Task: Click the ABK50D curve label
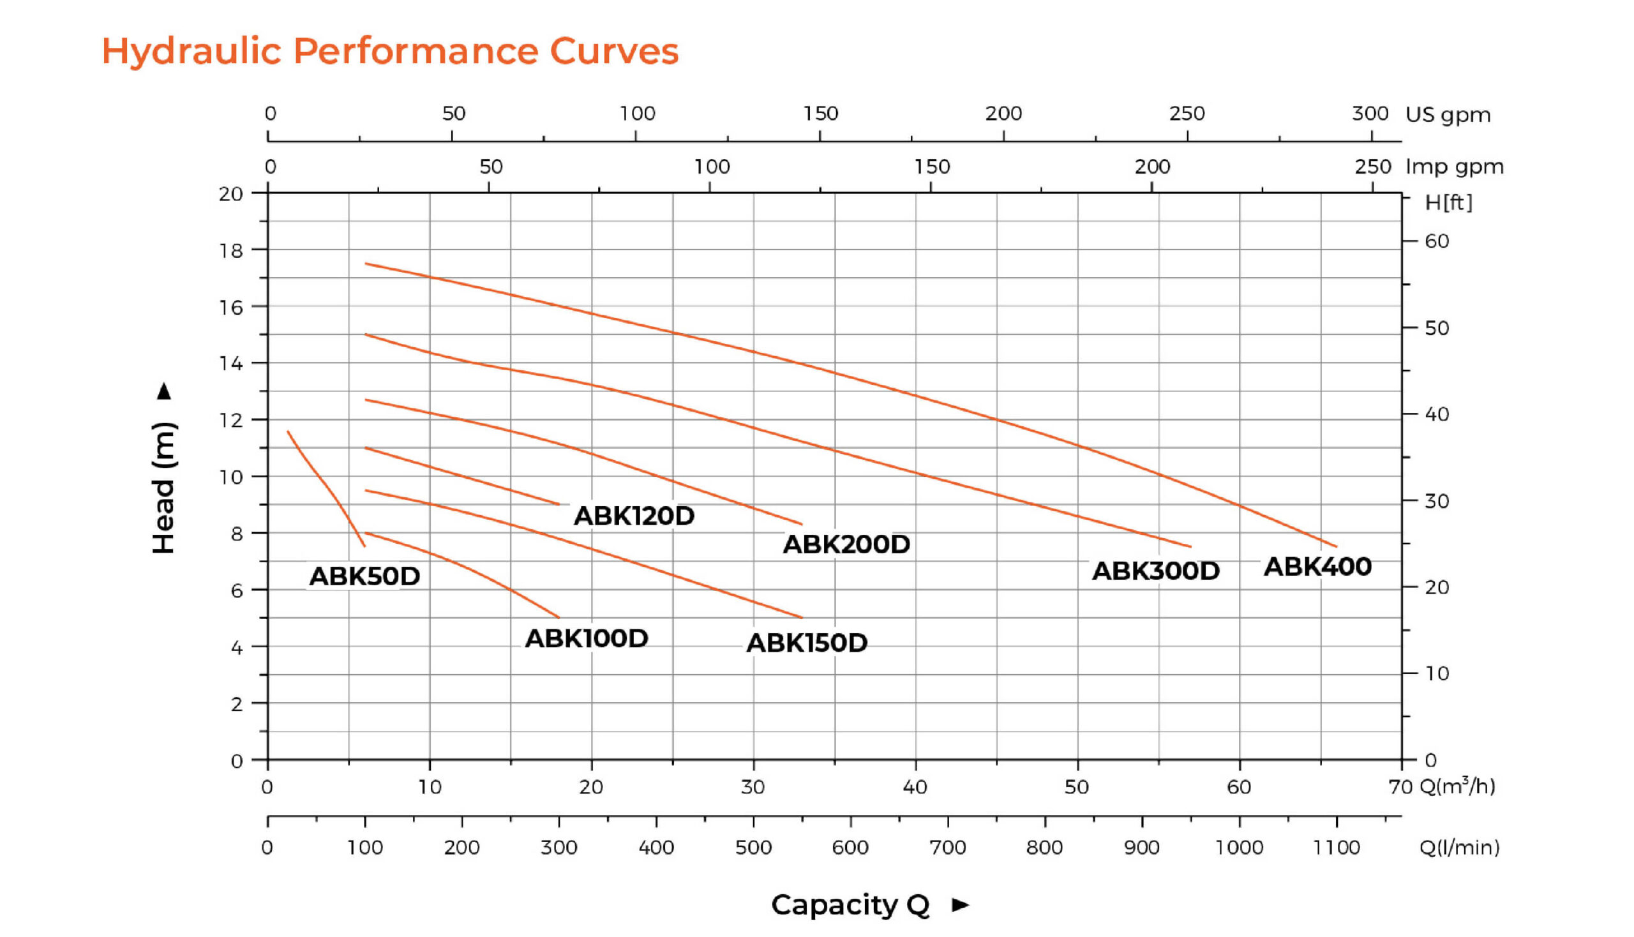pyautogui.click(x=364, y=576)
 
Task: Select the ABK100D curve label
pyautogui.click(x=587, y=638)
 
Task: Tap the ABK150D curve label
pyautogui.click(x=806, y=643)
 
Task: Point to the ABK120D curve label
pyautogui.click(x=634, y=516)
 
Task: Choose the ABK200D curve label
pyautogui.click(x=846, y=544)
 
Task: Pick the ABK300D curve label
pyautogui.click(x=1155, y=571)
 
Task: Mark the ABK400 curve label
pyautogui.click(x=1317, y=567)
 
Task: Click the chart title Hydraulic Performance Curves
pyautogui.click(x=390, y=51)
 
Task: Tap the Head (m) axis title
pyautogui.click(x=163, y=487)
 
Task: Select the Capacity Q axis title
pyautogui.click(x=850, y=905)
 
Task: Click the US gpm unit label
pyautogui.click(x=1448, y=115)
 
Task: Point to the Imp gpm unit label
pyautogui.click(x=1454, y=167)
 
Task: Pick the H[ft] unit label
pyautogui.click(x=1448, y=203)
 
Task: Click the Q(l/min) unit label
pyautogui.click(x=1459, y=848)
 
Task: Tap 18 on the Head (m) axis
pyautogui.click(x=231, y=250)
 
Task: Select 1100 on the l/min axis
pyautogui.click(x=1336, y=848)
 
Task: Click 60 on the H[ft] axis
pyautogui.click(x=1436, y=241)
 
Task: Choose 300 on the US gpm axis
pyautogui.click(x=1370, y=114)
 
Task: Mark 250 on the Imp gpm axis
pyautogui.click(x=1372, y=167)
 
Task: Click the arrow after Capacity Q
pyautogui.click(x=960, y=905)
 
